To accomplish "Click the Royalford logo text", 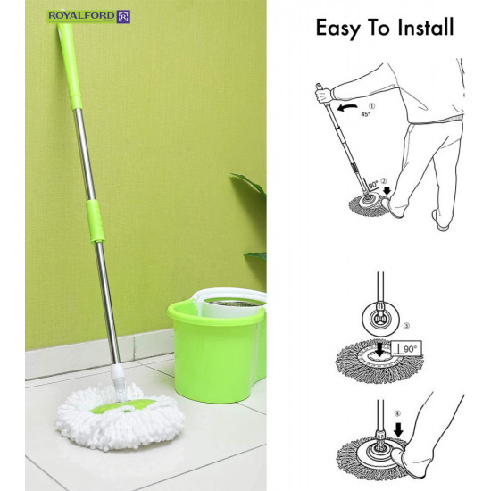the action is click(82, 15).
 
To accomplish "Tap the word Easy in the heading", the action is click(337, 29).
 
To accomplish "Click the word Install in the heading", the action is click(426, 28).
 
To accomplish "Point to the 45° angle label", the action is click(365, 114).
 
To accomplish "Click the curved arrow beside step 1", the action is click(347, 108).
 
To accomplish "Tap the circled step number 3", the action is click(406, 326).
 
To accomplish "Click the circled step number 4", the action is click(397, 413).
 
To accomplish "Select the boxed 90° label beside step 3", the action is click(406, 348).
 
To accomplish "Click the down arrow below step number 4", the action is click(398, 429).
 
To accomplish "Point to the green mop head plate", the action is click(123, 406).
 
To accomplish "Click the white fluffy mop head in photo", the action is click(121, 418).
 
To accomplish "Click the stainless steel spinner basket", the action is click(235, 304).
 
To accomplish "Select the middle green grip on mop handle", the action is click(96, 221).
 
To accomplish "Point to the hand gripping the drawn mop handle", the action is click(323, 94).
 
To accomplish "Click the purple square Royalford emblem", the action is click(123, 17).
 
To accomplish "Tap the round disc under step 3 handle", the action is click(380, 319).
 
